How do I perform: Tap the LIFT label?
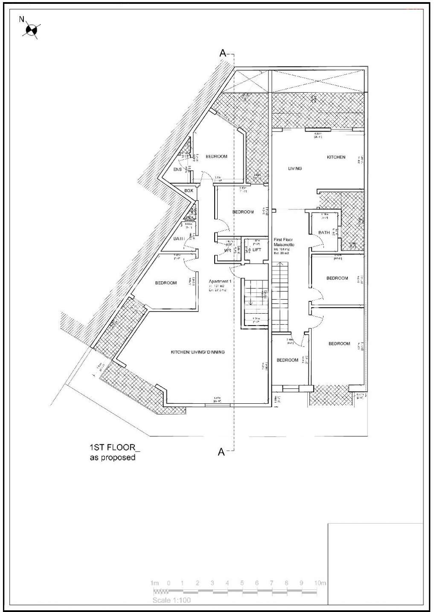pyautogui.click(x=256, y=250)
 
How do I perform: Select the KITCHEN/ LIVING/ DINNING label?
pyautogui.click(x=198, y=352)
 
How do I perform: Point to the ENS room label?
pyautogui.click(x=178, y=169)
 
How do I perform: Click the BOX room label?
pyautogui.click(x=189, y=191)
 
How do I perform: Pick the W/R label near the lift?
pyautogui.click(x=227, y=251)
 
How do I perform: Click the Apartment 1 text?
pyautogui.click(x=220, y=282)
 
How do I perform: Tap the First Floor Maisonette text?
pyautogui.click(x=284, y=242)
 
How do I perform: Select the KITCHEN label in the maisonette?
pyautogui.click(x=336, y=157)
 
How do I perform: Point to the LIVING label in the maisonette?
pyautogui.click(x=294, y=169)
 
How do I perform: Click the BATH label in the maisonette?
pyautogui.click(x=324, y=233)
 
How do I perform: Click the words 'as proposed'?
pyautogui.click(x=112, y=458)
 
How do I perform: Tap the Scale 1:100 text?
pyautogui.click(x=172, y=600)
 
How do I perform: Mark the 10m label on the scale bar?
pyautogui.click(x=320, y=583)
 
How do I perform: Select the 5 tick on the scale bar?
pyautogui.click(x=242, y=583)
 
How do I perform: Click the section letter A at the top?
pyautogui.click(x=222, y=53)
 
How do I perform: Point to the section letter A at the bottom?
pyautogui.click(x=221, y=452)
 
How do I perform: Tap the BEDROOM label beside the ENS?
pyautogui.click(x=216, y=157)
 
